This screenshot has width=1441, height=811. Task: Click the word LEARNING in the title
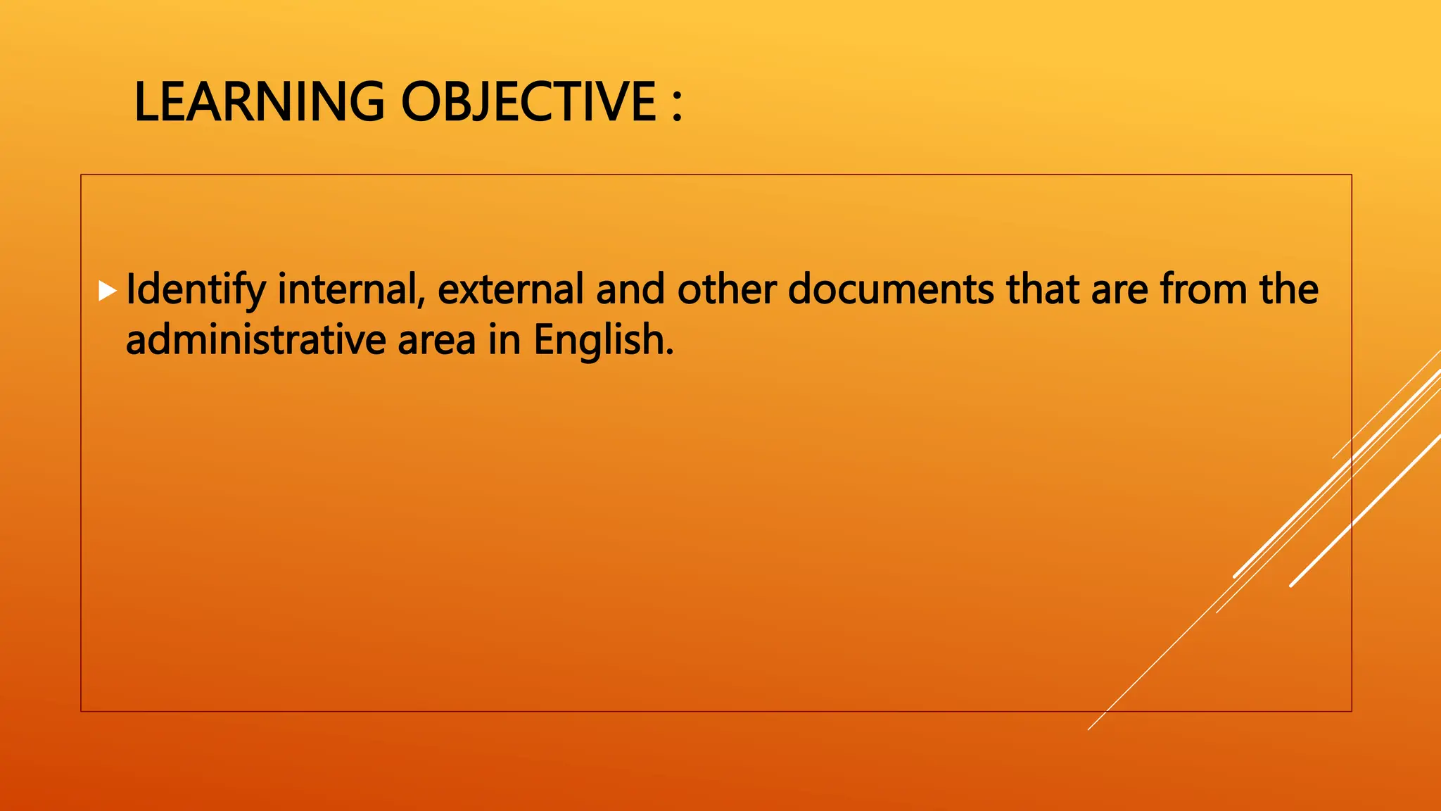click(259, 102)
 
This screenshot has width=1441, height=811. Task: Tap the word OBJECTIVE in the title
click(528, 102)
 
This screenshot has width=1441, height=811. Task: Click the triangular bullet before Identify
click(107, 290)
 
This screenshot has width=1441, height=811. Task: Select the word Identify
click(196, 290)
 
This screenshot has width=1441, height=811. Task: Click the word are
click(1119, 290)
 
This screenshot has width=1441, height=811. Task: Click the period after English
click(669, 352)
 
